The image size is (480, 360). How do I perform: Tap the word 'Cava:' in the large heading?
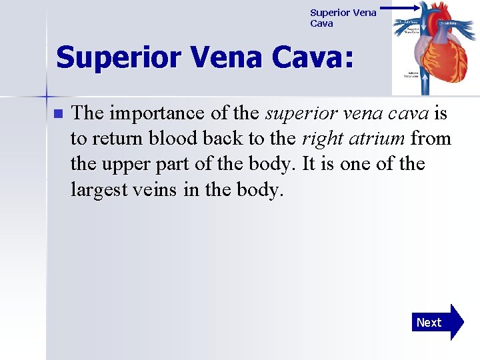coord(314,57)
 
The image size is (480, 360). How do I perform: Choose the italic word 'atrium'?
coord(382,139)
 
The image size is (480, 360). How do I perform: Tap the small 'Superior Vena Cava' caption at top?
coord(343,18)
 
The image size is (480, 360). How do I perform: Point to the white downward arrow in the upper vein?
coord(425,25)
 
